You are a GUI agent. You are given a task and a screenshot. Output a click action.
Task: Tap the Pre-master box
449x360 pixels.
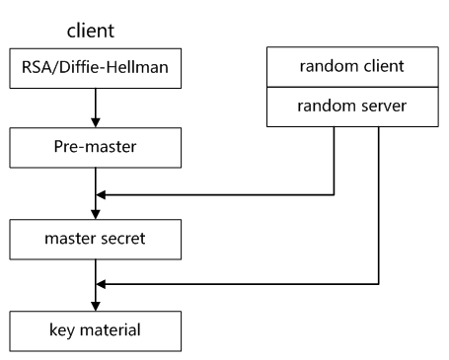(95, 152)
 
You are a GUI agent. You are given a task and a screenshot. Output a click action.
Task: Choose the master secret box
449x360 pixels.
(95, 239)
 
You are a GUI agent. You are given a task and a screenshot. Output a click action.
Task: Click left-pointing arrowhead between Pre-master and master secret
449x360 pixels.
(102, 195)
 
